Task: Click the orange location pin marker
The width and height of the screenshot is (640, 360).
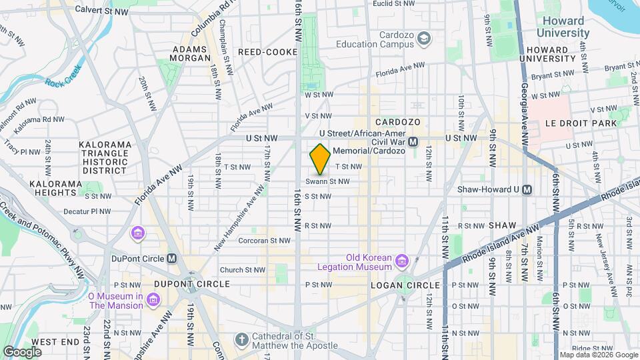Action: point(320,159)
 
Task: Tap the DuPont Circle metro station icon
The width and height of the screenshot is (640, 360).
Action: point(172,259)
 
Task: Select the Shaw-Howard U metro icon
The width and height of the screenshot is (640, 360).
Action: point(527,189)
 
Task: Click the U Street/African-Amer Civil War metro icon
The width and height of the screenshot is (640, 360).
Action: point(413,141)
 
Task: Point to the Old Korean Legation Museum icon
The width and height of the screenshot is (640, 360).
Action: point(402,259)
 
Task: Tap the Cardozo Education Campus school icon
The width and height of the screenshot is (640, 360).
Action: point(423,40)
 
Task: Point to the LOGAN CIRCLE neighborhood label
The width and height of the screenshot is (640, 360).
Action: point(399,285)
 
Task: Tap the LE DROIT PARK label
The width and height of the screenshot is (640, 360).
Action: point(577,123)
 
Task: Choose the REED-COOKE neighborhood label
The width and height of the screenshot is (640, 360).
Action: point(262,51)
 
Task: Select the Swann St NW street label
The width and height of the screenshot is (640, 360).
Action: point(328,181)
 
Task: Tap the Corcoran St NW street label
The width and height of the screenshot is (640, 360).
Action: point(265,241)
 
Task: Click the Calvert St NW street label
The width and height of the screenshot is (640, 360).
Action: point(102,11)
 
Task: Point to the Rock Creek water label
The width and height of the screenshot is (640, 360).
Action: point(63,83)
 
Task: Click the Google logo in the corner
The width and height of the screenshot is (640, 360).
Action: point(22,351)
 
